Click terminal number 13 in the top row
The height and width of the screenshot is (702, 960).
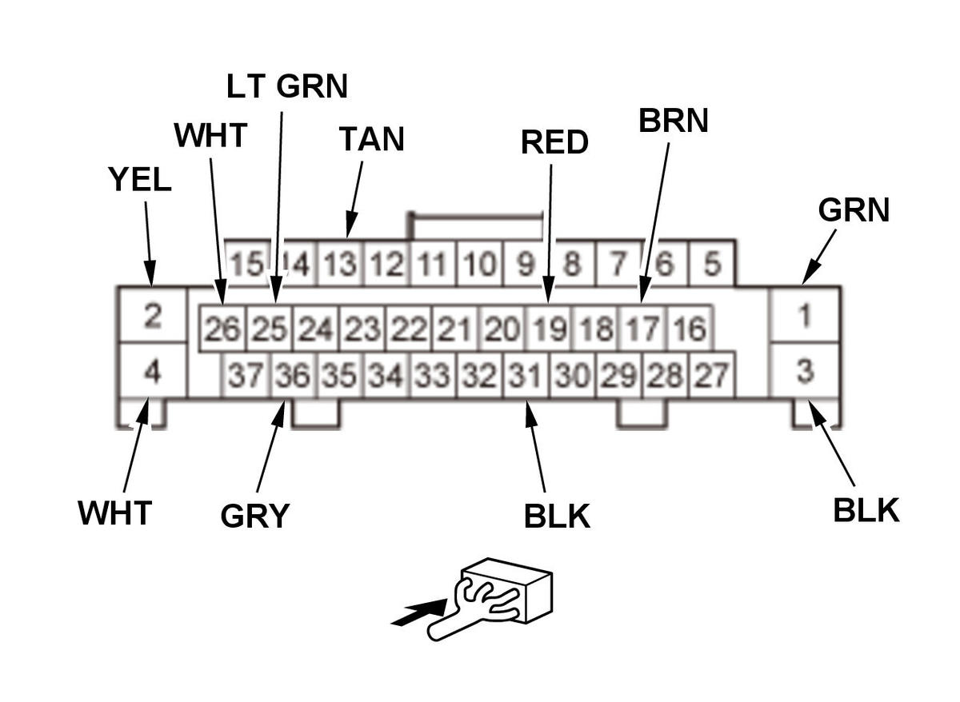[342, 264]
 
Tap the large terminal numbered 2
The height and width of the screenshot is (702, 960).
[152, 316]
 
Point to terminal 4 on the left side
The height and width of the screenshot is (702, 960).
[152, 371]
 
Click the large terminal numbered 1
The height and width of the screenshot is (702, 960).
[805, 316]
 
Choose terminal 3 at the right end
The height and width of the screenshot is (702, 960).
[805, 371]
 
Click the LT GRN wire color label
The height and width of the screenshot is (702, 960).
[287, 86]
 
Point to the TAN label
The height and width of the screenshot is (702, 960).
[371, 139]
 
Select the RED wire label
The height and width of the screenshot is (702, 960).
[554, 142]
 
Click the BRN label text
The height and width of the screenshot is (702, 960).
[674, 120]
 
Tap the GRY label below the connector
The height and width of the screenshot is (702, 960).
[254, 517]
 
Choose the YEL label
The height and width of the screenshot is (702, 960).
[140, 181]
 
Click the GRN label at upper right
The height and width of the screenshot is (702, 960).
[854, 210]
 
